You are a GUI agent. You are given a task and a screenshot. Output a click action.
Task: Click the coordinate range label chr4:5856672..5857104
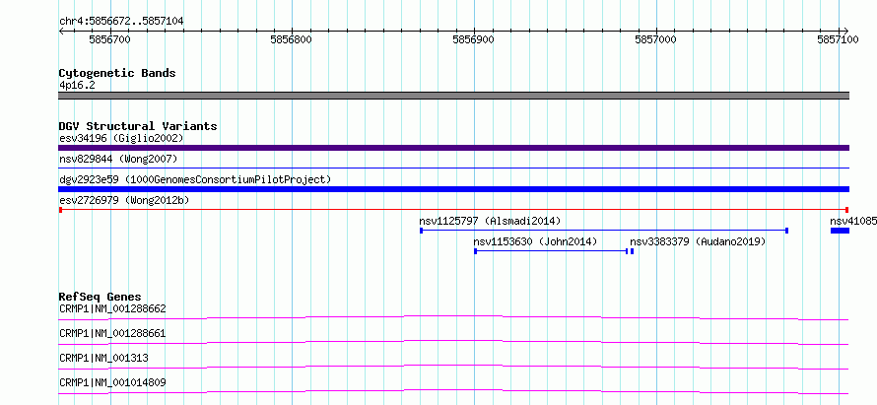pos(121,22)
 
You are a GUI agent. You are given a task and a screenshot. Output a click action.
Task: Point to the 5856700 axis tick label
pos(109,39)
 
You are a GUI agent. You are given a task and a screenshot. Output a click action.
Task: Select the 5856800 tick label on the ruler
pos(292,39)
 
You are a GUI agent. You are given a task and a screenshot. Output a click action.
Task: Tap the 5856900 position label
pos(473,39)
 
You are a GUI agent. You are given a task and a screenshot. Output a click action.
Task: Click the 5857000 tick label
pos(655,39)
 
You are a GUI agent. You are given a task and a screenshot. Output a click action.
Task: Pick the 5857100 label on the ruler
pos(838,39)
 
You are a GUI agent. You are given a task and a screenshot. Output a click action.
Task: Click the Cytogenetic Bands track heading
pos(117,73)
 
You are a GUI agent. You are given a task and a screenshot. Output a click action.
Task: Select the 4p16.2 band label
pos(77,86)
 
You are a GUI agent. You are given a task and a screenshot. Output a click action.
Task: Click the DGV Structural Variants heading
pos(138,126)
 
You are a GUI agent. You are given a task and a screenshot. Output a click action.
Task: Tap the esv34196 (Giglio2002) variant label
pos(121,138)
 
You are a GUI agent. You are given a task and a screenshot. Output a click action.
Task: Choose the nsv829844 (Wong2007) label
pos(118,160)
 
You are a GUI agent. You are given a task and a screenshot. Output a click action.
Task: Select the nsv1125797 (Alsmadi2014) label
pos(490,221)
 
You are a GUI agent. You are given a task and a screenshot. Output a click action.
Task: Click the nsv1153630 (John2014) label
pos(535,241)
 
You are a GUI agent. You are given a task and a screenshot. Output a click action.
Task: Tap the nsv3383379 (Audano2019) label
pos(698,241)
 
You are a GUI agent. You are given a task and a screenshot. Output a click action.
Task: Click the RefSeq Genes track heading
pos(101,297)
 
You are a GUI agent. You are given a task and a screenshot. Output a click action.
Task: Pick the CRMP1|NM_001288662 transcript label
pos(112,308)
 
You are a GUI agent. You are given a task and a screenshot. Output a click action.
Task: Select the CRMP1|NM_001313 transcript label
pos(103,358)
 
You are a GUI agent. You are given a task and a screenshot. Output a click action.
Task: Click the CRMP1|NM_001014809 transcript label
pos(112,383)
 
